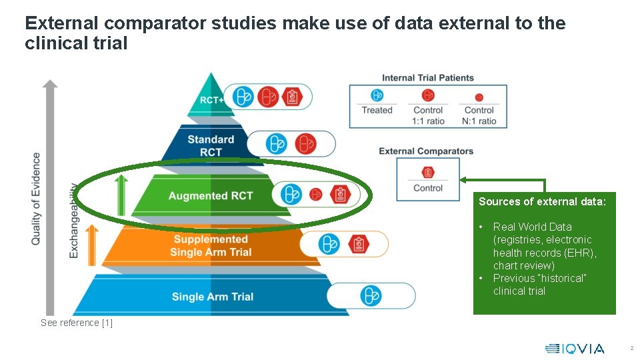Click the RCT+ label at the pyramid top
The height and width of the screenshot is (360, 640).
(x=211, y=101)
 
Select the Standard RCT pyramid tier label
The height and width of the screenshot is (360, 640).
(x=211, y=145)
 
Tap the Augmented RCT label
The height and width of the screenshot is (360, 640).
(x=210, y=196)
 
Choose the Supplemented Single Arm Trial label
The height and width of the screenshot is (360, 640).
(x=211, y=245)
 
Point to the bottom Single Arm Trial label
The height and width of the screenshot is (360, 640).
(x=213, y=297)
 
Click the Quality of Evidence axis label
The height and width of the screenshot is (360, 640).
(x=36, y=199)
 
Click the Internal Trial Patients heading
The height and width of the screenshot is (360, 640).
(x=428, y=78)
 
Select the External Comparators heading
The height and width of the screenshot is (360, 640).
(x=426, y=151)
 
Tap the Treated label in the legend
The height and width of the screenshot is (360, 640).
(x=377, y=110)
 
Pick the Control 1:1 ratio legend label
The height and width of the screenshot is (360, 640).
(x=428, y=115)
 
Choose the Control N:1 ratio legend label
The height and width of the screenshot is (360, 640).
(x=479, y=115)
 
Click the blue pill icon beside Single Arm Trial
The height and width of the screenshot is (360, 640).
(x=370, y=295)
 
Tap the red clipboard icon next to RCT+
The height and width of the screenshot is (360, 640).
(x=291, y=97)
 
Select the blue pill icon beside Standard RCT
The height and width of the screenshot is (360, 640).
(x=276, y=143)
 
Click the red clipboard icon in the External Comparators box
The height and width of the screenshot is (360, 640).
(x=428, y=172)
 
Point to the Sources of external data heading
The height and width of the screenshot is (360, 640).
(x=542, y=201)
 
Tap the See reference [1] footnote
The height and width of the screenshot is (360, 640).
(x=77, y=323)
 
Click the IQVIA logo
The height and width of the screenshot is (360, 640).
(x=575, y=348)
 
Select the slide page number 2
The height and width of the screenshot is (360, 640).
(x=631, y=348)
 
